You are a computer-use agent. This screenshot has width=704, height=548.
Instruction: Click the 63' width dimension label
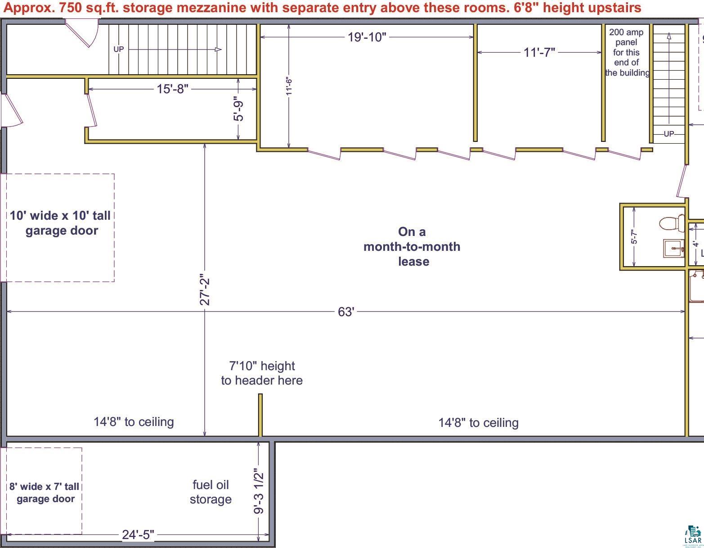pos(346,312)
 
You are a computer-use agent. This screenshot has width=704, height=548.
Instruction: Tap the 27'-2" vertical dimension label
pos(205,291)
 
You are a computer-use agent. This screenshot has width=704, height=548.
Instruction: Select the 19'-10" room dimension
pos(367,37)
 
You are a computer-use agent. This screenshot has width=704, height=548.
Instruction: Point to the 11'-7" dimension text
pos(539,53)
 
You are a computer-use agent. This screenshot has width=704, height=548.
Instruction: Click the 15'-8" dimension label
pos(172,89)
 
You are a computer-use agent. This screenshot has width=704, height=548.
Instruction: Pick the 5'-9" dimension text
pos(238,109)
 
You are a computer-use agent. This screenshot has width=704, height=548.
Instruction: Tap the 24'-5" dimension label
pos(138,534)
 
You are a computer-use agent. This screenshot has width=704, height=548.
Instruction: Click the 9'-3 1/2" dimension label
pos(259,491)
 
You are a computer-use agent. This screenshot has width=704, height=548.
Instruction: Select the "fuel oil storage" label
pos(211,492)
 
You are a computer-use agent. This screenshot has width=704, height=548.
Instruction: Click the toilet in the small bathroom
pos(672,223)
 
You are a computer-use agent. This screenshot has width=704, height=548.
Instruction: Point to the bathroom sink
pos(674,249)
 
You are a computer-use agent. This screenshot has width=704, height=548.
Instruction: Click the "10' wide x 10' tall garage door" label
pos(61,223)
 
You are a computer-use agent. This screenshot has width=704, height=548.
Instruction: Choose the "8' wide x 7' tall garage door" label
pos(45,493)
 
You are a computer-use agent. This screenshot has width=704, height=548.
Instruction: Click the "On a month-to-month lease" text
pos(412,247)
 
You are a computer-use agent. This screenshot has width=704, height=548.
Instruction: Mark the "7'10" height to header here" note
pos(262,373)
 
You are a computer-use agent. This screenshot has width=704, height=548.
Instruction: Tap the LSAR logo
pos(693,536)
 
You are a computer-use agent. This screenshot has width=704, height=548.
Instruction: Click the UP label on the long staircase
pos(119,49)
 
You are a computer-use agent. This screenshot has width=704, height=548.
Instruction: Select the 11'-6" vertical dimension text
pos(289,86)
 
